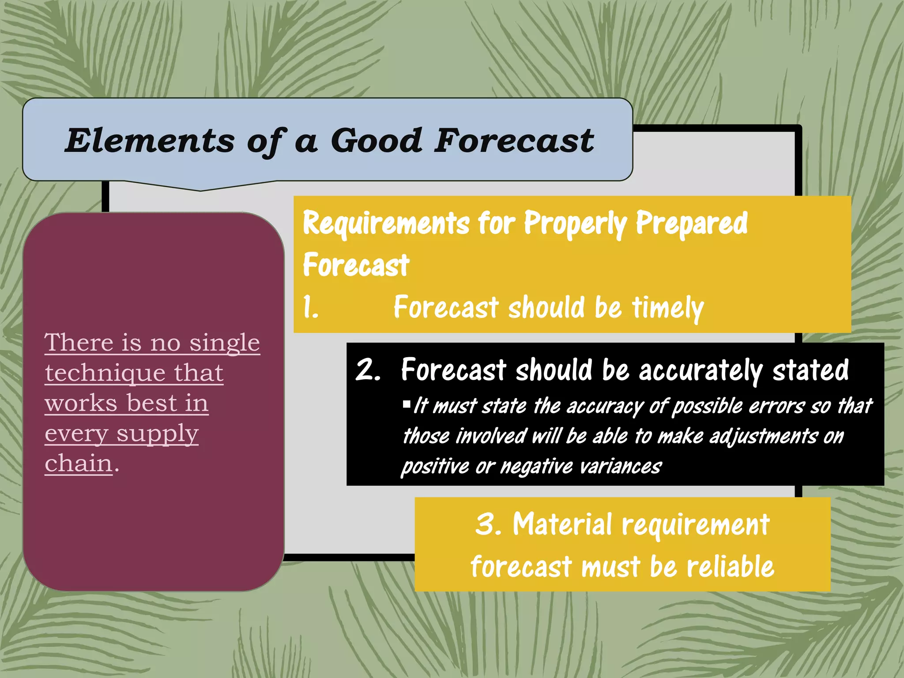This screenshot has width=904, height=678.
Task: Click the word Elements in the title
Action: click(150, 141)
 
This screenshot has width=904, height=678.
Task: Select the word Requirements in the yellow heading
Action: click(386, 223)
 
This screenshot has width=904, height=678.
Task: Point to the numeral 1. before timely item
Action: click(311, 308)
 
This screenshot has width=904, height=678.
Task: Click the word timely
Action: click(667, 308)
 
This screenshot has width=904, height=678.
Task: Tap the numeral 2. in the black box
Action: click(368, 369)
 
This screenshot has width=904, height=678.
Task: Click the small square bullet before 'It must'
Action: click(407, 403)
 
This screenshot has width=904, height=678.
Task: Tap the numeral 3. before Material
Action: click(488, 524)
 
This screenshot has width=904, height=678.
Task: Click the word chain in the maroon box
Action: click(79, 463)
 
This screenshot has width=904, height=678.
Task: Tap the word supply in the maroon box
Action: click(157, 434)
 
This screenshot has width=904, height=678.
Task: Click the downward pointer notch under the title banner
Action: click(201, 187)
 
